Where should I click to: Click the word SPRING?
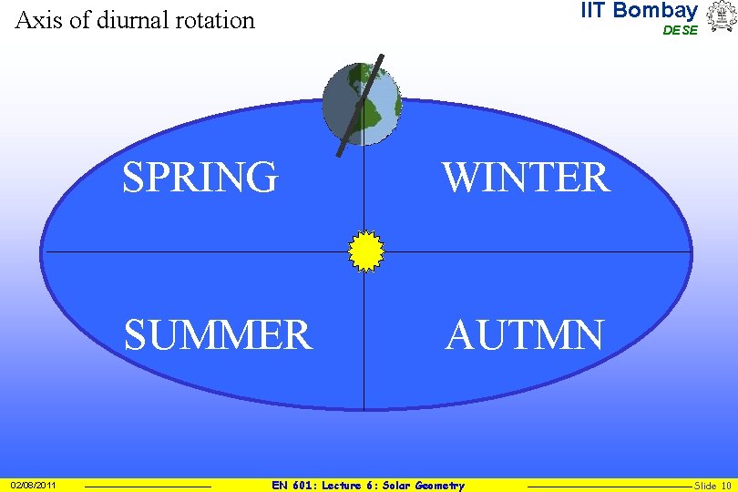pyautogui.click(x=200, y=178)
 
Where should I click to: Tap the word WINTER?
pyautogui.click(x=526, y=178)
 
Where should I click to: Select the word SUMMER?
pyautogui.click(x=218, y=335)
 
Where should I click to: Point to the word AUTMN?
pyautogui.click(x=524, y=335)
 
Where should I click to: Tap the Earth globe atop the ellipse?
pyautogui.click(x=363, y=105)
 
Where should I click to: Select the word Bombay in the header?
pyautogui.click(x=656, y=11)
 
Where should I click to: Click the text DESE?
pyautogui.click(x=680, y=30)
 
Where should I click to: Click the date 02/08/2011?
pyautogui.click(x=34, y=486)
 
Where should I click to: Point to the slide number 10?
pyautogui.click(x=725, y=486)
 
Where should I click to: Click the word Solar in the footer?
pyautogui.click(x=395, y=486)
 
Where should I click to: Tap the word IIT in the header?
pyautogui.click(x=594, y=11)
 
